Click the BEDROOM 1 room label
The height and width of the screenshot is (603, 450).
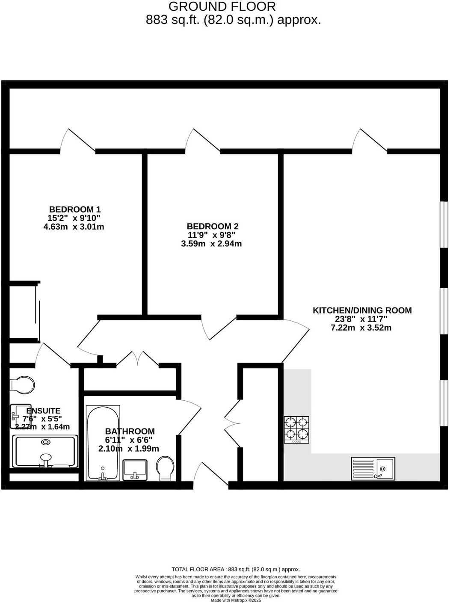click(x=75, y=210)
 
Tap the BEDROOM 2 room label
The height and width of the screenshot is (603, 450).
click(x=212, y=227)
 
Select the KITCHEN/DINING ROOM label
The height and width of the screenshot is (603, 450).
click(x=362, y=310)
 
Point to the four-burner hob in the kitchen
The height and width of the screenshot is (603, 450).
click(x=296, y=429)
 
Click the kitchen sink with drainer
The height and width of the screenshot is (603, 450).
click(x=373, y=468)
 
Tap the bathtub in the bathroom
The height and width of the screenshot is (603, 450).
click(x=103, y=443)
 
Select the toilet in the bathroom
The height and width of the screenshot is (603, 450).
click(x=165, y=468)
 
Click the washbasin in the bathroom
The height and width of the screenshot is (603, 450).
click(x=135, y=470)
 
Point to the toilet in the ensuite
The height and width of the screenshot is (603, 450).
click(x=22, y=384)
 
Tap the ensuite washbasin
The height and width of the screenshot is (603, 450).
click(x=20, y=416)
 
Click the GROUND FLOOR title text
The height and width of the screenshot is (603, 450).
click(x=222, y=7)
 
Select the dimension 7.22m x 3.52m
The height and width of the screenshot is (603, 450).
click(x=361, y=328)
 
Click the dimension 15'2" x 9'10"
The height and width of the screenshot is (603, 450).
click(x=74, y=218)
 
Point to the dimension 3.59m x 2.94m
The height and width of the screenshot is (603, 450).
click(x=212, y=244)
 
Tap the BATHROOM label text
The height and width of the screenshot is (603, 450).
click(x=130, y=432)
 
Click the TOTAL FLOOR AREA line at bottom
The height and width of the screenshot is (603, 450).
click(x=236, y=569)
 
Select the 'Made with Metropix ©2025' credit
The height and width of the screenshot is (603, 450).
click(x=236, y=600)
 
